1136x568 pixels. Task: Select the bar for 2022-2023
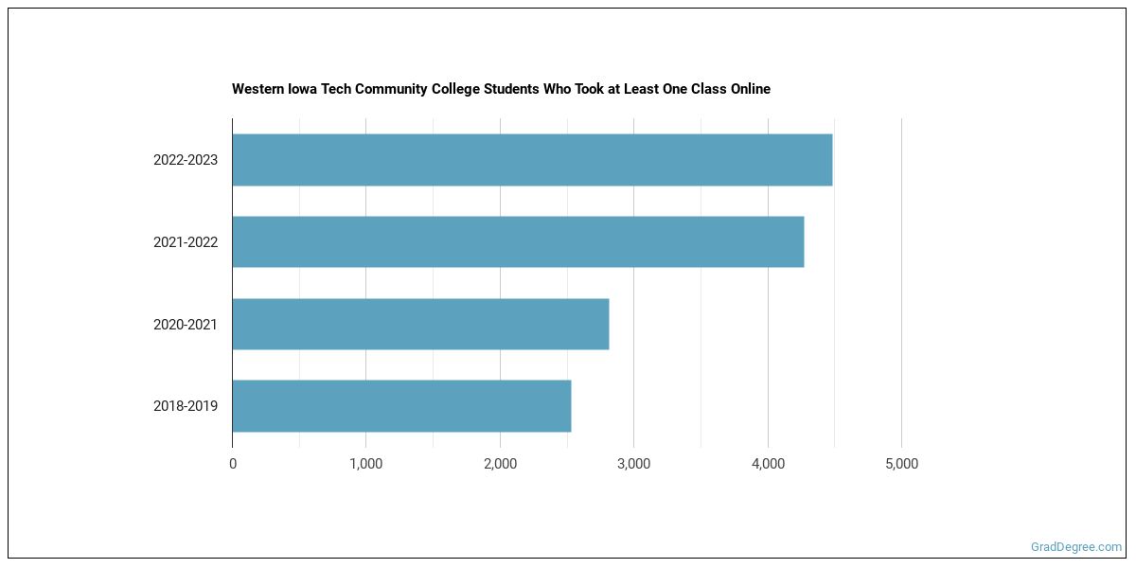[x=532, y=160]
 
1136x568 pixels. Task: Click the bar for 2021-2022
[x=518, y=241]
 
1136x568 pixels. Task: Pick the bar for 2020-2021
[x=420, y=324]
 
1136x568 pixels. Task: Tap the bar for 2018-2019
[x=401, y=406]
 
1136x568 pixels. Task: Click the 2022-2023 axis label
[x=186, y=160]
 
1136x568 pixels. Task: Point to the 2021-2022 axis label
[x=186, y=242]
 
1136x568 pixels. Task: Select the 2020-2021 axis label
[x=186, y=325]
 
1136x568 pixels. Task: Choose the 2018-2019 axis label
[x=186, y=406]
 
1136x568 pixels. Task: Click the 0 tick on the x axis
[x=233, y=464]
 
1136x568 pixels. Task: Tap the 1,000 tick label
[x=366, y=464]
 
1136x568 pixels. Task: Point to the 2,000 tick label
[x=500, y=464]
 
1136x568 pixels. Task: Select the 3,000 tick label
[x=633, y=464]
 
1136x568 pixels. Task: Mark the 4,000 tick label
[x=768, y=464]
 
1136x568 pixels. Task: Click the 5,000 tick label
[x=901, y=464]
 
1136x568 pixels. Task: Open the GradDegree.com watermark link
[x=1076, y=547]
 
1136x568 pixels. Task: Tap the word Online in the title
[x=750, y=89]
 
